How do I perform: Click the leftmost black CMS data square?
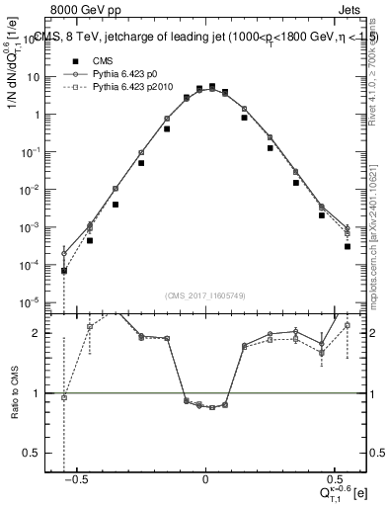[64, 270]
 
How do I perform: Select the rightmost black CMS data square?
[348, 246]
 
